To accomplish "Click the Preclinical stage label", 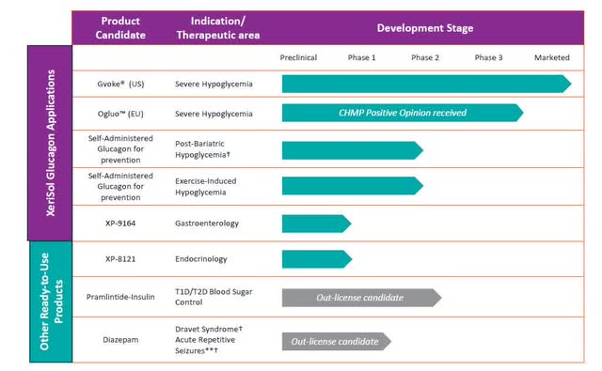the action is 298,57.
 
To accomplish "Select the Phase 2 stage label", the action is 425,57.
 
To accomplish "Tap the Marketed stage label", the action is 552,57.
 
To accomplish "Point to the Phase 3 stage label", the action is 488,57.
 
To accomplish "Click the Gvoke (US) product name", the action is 120,84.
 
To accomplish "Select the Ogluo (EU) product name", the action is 120,114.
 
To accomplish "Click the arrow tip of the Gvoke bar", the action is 571,84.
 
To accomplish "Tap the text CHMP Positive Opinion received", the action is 403,113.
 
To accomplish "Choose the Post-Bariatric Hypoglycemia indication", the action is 202,149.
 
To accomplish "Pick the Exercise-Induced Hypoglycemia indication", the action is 205,187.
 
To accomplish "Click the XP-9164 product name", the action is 120,223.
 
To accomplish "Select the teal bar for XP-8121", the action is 317,259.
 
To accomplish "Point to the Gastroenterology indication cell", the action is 207,223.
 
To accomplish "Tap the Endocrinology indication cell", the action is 200,259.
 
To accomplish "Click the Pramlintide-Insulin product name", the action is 120,297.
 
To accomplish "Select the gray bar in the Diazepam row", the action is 337,342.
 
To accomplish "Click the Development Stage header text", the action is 425,28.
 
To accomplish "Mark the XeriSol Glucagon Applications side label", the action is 50,143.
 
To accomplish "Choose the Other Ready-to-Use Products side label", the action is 51,301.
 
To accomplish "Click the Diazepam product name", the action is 120,340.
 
